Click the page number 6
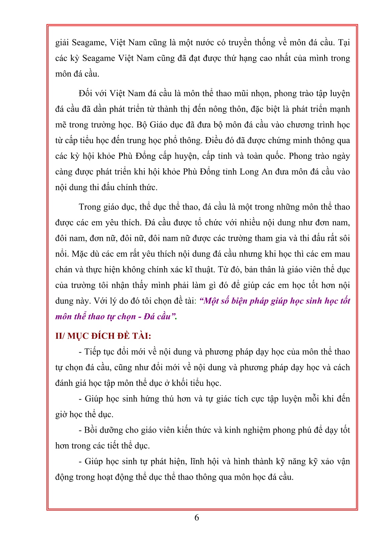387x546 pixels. (x=197, y=517)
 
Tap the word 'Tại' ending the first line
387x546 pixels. (x=344, y=42)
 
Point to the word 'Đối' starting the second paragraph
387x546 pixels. (x=86, y=93)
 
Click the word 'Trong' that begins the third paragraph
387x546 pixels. (x=90, y=207)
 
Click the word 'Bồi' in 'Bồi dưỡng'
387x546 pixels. (x=90, y=430)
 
